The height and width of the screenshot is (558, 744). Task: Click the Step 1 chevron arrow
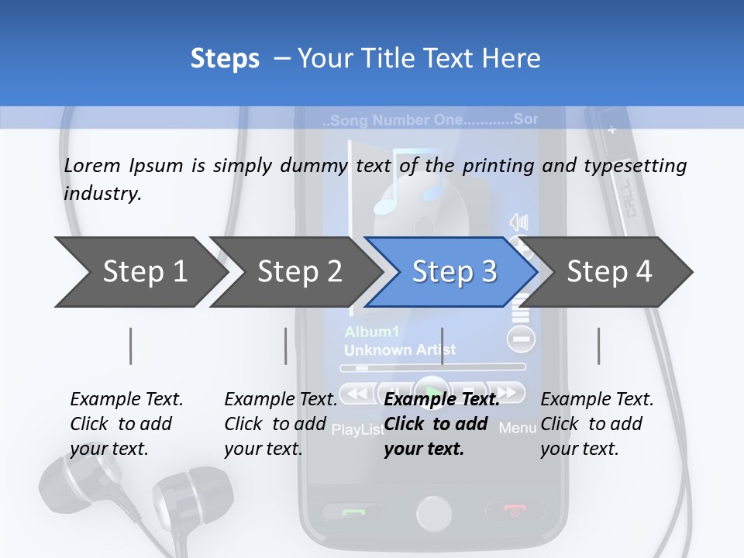point(139,272)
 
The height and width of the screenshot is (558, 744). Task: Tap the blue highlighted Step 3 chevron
point(453,272)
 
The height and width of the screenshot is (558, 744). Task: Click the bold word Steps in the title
point(225,59)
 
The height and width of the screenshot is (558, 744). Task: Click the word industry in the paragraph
point(102,194)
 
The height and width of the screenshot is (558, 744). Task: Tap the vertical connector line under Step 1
point(130,346)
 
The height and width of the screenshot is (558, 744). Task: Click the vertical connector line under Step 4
point(598,346)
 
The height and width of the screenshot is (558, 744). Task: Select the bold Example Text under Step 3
point(442,399)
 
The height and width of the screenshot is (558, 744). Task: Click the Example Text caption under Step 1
point(126,399)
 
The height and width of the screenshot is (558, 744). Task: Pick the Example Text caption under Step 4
point(597,399)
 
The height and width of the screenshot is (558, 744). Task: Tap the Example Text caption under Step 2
point(281,399)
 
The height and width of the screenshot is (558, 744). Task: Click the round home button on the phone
point(433,513)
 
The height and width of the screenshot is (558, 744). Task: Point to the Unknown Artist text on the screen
point(399,350)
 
